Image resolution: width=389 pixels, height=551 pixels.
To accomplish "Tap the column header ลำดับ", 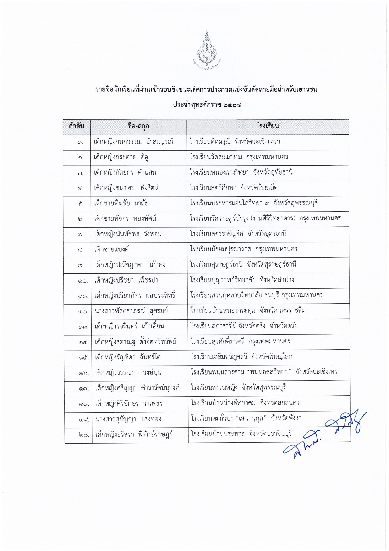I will pyautogui.click(x=77, y=127).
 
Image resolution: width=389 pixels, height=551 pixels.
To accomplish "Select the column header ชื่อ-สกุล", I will pyautogui.click(x=138, y=127).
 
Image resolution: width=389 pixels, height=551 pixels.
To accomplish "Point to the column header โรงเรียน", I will pyautogui.click(x=268, y=127).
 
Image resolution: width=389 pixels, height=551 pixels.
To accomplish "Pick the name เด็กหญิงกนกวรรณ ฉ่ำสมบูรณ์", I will pyautogui.click(x=133, y=142).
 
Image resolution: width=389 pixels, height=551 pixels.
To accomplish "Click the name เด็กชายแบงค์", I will pyautogui.click(x=112, y=250).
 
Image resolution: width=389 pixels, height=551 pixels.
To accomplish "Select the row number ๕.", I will pyautogui.click(x=81, y=204).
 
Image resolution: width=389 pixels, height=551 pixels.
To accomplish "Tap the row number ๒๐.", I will pyautogui.click(x=84, y=435).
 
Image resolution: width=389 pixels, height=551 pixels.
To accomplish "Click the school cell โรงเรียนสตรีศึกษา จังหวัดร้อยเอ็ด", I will pyautogui.click(x=234, y=188).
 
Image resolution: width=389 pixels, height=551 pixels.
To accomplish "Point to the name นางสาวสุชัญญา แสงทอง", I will pyautogui.click(x=128, y=419).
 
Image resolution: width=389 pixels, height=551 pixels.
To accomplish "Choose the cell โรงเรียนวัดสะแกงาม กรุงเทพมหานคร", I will pyautogui.click(x=239, y=157).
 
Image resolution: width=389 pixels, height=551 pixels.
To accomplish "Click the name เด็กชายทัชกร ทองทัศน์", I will pyautogui.click(x=125, y=219).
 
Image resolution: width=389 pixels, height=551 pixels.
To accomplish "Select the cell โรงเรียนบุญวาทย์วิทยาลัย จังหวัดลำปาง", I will pyautogui.click(x=242, y=280).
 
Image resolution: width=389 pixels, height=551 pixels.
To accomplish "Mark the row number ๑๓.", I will pyautogui.click(x=83, y=327).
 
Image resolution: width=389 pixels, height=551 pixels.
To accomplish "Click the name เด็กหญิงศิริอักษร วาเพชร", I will pyautogui.click(x=129, y=404).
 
